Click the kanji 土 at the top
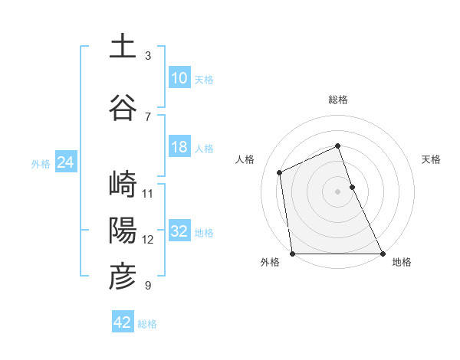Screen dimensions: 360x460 [123, 47]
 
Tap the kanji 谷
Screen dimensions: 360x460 [123, 108]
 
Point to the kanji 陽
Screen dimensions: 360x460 [123, 231]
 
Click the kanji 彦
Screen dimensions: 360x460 [123, 277]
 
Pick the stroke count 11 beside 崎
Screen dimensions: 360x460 [148, 193]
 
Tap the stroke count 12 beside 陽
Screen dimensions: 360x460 [148, 239]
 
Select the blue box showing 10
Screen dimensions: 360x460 [179, 78]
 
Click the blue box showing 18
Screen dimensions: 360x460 [179, 147]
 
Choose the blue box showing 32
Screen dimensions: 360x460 [179, 231]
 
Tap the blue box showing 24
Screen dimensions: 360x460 [66, 162]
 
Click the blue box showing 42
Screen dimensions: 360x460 [123, 322]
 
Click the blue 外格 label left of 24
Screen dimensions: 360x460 [41, 163]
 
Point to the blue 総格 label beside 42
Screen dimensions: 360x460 [147, 324]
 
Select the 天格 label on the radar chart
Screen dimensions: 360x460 [432, 159]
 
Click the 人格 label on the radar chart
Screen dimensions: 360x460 [245, 159]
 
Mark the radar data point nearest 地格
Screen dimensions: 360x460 [382, 253]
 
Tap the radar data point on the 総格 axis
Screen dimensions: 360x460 [337, 146]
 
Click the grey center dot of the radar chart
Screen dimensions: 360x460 [337, 191]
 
